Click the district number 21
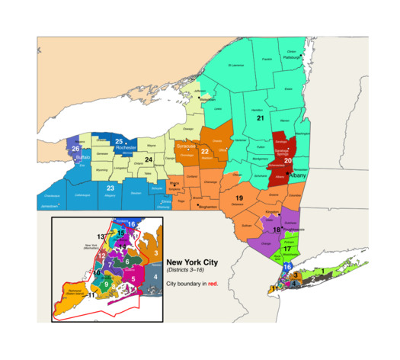click(260, 118)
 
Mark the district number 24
click(149, 159)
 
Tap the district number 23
click(110, 188)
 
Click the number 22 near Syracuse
click(204, 152)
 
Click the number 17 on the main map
click(287, 249)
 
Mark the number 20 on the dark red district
click(288, 161)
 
